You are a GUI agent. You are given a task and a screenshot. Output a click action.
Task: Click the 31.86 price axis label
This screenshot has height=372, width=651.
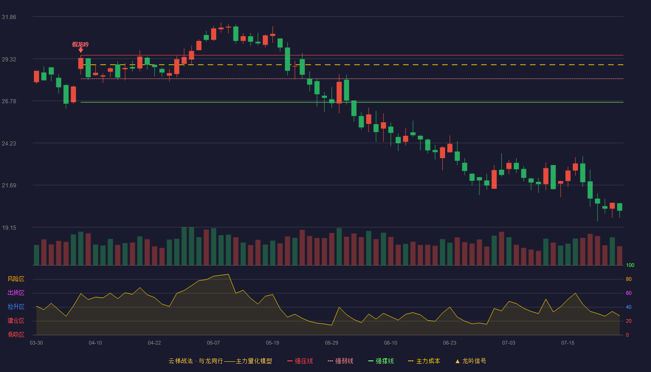9,17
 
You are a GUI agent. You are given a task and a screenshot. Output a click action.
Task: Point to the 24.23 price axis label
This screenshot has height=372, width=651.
9,144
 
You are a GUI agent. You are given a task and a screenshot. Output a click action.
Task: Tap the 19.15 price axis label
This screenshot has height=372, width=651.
9,228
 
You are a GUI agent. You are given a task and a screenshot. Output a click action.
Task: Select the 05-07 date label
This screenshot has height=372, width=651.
213,343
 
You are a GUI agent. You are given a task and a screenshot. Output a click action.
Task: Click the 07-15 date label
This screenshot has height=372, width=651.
568,343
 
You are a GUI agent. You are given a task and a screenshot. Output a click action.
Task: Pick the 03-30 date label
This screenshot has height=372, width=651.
36,343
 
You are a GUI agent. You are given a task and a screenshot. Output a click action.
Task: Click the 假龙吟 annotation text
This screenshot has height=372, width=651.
80,45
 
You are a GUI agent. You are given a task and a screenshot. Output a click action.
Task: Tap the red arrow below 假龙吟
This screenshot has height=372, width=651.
81,50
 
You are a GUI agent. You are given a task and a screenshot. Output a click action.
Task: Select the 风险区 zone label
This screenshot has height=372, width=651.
16,279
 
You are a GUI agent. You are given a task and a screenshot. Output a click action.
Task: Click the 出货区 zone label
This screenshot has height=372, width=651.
16,292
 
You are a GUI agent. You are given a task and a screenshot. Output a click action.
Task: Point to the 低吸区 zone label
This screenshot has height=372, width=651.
16,334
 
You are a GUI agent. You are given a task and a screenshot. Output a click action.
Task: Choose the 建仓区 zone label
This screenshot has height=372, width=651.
16,320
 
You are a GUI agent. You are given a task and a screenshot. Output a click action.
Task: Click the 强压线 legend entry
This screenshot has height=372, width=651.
300,361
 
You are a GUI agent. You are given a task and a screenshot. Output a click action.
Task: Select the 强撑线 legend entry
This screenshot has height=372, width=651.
381,361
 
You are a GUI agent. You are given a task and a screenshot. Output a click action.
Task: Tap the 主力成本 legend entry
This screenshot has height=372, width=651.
424,361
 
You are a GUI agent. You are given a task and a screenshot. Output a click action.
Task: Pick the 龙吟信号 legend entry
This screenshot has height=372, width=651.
471,361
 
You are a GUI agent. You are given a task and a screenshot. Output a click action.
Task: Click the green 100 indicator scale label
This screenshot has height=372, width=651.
630,265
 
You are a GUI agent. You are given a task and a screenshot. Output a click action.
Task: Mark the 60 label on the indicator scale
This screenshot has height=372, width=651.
629,293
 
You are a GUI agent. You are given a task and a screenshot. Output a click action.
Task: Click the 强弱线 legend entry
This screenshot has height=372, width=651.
340,361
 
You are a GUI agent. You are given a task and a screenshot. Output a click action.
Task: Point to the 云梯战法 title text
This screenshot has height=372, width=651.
180,361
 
